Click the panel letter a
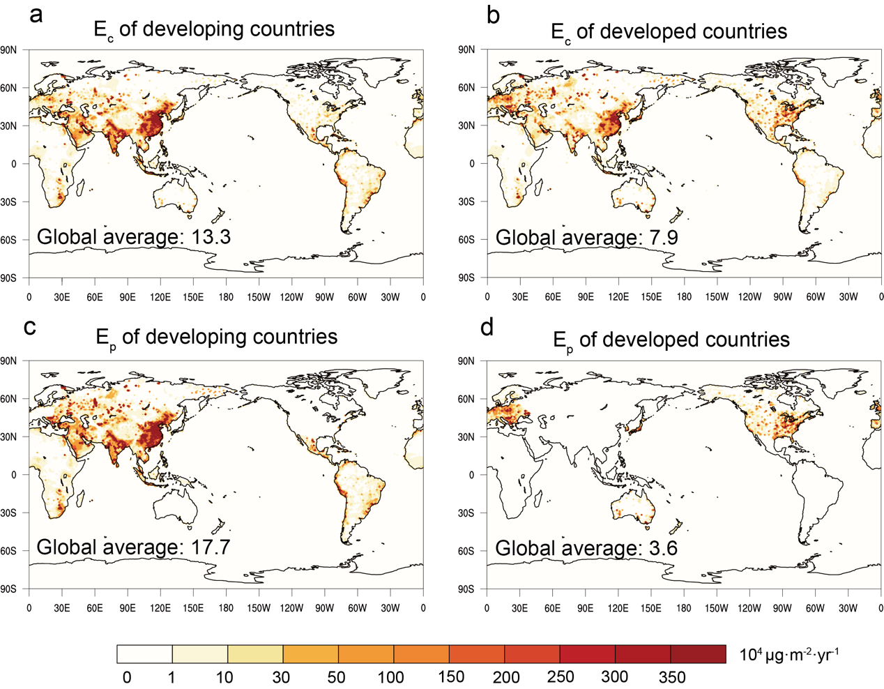coord(36,14)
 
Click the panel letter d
coord(487,326)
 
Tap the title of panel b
coord(669,32)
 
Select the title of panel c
coord(216,338)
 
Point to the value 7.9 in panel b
coord(663,238)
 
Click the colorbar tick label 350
coord(671,677)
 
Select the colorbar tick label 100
coord(391,677)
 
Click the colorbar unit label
coord(789,655)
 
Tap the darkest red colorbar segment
coord(698,654)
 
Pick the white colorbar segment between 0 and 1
coord(145,654)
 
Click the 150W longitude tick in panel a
coord(259,297)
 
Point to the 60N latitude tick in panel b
coord(466,88)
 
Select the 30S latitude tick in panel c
coord(8,513)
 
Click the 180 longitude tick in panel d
coord(684,608)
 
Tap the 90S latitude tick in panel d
coord(466,589)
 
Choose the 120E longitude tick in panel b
coord(618,297)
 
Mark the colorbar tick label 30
coord(281,677)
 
